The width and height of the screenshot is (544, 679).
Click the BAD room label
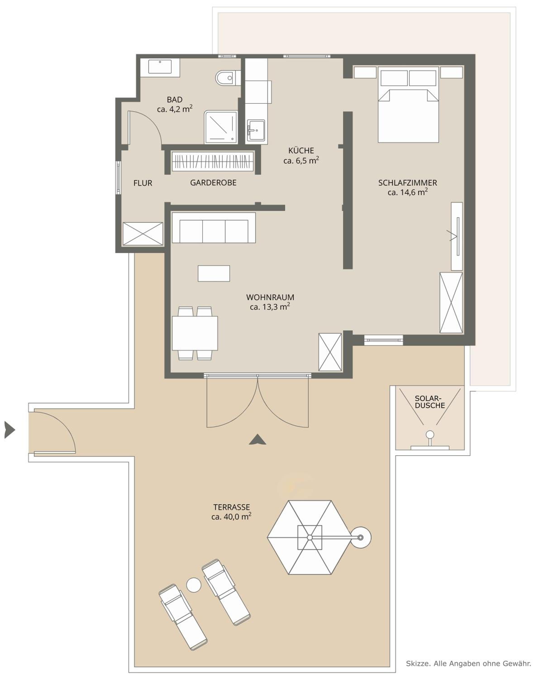click(x=174, y=100)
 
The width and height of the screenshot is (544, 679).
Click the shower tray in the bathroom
click(x=221, y=127)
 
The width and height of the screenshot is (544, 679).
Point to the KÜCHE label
click(x=301, y=151)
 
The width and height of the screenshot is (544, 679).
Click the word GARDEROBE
click(x=213, y=183)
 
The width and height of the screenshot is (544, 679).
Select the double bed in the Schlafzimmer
click(x=408, y=104)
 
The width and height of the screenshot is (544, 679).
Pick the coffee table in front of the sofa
click(x=214, y=273)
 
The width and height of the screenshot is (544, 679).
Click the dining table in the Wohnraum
click(x=195, y=333)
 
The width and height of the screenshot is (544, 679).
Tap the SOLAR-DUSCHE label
click(x=430, y=402)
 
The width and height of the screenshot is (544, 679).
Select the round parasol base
click(x=360, y=538)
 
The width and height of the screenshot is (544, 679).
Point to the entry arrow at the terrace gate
click(x=10, y=430)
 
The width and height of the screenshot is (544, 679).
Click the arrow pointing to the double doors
click(x=258, y=439)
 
